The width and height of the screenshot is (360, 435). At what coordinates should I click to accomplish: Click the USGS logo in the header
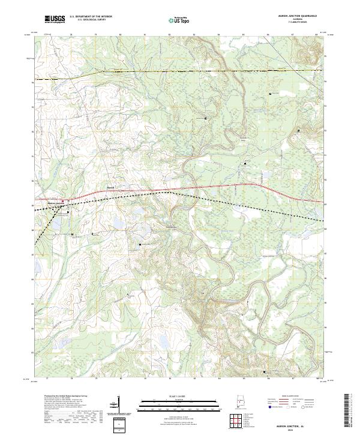[x=55, y=19]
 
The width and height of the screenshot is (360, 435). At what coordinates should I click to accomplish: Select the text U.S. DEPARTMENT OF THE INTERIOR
[x=91, y=17]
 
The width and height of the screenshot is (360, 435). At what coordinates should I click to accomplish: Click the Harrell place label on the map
[x=110, y=187]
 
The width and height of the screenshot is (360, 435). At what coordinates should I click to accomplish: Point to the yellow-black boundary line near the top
[x=180, y=71]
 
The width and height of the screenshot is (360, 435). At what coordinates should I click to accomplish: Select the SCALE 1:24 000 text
[x=180, y=395]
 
